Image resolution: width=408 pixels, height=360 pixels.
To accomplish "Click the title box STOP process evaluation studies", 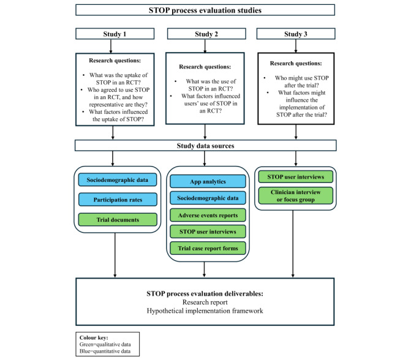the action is coord(205,10).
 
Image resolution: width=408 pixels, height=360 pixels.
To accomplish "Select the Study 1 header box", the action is coord(115,34).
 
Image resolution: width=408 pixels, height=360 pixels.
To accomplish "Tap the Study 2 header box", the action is coord(206,34).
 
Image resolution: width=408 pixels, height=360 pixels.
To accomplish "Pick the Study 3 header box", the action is coord(296,34).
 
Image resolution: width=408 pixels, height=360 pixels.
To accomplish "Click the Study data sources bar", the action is coord(206,145).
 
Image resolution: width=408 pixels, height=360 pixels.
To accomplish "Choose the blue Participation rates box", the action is coord(118,200).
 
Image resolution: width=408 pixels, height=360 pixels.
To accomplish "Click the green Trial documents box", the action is coord(118,220).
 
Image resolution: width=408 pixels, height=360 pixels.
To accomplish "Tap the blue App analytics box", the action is coord(208,181).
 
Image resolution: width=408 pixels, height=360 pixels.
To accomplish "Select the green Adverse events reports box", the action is coord(208,215).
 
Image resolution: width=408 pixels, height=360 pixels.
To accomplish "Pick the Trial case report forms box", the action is coord(208,248).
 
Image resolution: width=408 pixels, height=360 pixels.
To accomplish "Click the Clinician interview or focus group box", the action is coord(296,195).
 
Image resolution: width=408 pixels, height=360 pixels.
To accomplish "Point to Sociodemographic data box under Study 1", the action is coord(118,180).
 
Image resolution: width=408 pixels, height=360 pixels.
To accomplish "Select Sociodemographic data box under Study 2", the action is coord(208,198).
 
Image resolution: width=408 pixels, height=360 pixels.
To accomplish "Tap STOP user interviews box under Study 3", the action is coord(296,176).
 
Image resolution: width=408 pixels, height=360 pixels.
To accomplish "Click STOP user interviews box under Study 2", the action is coord(208,231).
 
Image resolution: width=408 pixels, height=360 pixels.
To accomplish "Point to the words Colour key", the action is coord(94,337).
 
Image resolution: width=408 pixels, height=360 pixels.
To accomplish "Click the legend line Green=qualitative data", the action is coord(105,344).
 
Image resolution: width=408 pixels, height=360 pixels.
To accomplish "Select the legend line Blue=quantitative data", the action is coord(105,351).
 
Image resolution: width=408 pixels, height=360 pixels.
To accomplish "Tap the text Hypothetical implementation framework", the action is coord(205,310).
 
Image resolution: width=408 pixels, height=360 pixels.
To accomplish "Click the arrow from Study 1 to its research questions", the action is coord(111,47).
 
